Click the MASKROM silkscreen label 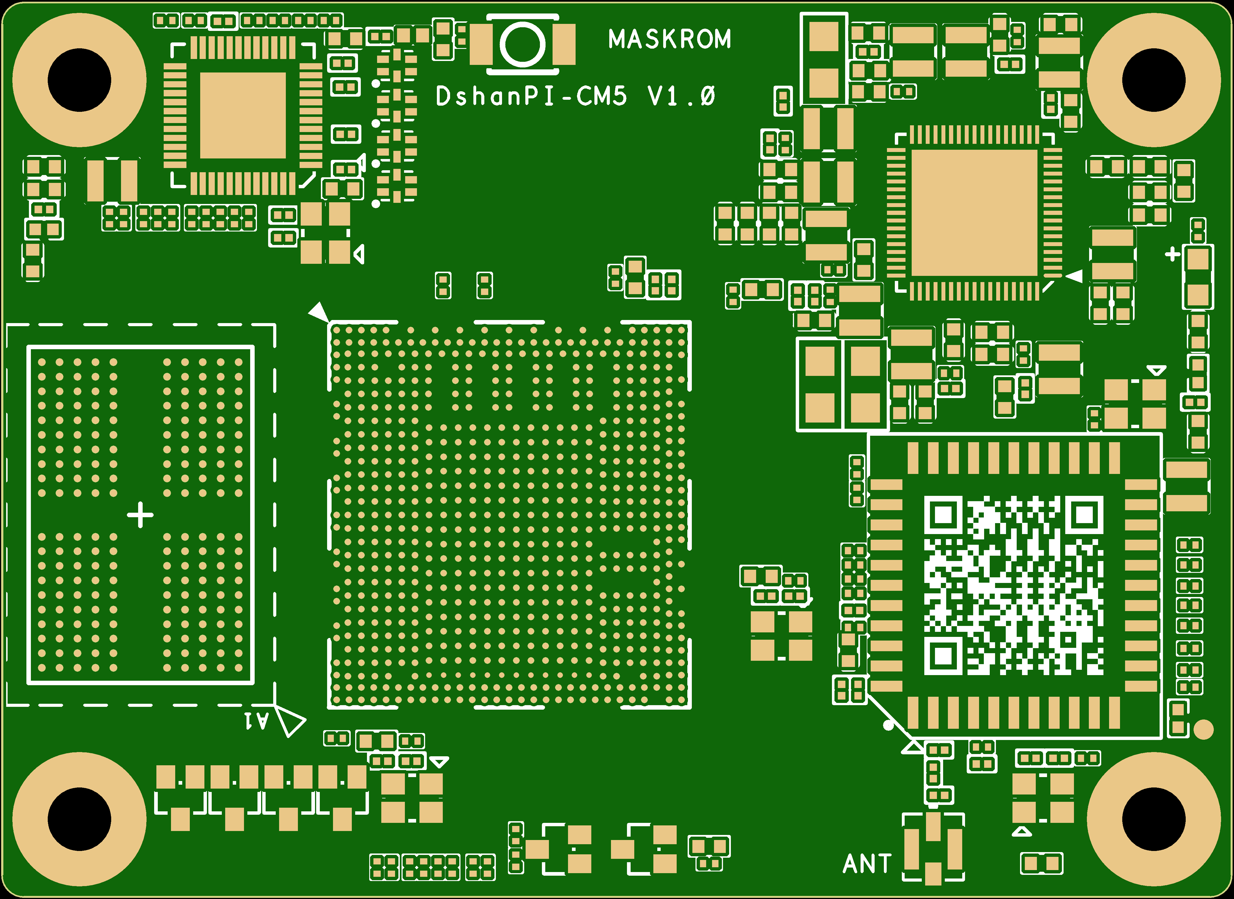tap(670, 39)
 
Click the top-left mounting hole tap(79, 80)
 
